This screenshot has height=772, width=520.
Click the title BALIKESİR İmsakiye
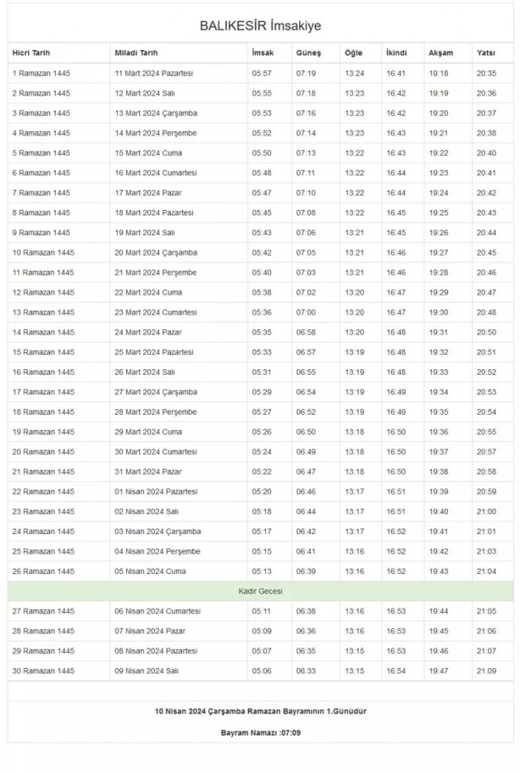[260, 26]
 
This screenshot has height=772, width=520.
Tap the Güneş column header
[307, 53]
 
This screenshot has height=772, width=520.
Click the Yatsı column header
[486, 53]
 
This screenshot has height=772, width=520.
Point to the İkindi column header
[396, 53]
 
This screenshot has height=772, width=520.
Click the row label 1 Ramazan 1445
[41, 74]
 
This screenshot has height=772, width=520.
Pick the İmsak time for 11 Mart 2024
[262, 74]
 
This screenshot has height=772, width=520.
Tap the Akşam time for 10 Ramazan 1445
[439, 252]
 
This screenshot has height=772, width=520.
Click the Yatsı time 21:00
[487, 511]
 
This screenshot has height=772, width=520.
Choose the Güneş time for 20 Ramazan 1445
[306, 452]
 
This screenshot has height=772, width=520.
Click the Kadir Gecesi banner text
[260, 591]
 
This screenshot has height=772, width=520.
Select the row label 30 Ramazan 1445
[43, 670]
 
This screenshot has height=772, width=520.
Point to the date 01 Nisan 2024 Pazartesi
[156, 492]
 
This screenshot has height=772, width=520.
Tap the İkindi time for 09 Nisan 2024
[396, 670]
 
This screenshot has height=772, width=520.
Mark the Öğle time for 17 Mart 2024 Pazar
[354, 193]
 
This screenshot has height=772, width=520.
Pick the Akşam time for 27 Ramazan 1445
[439, 611]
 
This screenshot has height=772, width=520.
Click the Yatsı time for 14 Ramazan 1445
[487, 332]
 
